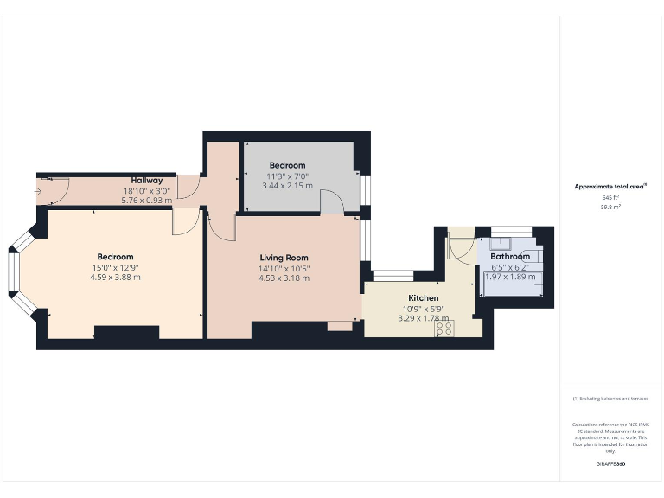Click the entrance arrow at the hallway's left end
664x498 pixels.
tap(40, 190)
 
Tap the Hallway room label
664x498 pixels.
tap(147, 181)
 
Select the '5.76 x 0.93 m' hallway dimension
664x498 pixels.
tap(147, 200)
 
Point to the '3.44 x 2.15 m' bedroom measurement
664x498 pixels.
tap(286, 185)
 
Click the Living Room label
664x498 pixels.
tap(284, 258)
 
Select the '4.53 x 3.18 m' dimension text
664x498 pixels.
tap(284, 278)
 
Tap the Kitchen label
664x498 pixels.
tap(424, 297)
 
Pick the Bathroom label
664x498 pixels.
tap(510, 257)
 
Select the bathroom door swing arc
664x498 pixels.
tap(459, 247)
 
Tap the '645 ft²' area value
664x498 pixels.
tap(611, 198)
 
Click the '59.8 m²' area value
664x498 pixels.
tap(611, 207)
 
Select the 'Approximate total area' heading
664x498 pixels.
tap(611, 187)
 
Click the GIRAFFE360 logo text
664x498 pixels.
tap(611, 464)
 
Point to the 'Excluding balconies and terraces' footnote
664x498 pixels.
tap(611, 399)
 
